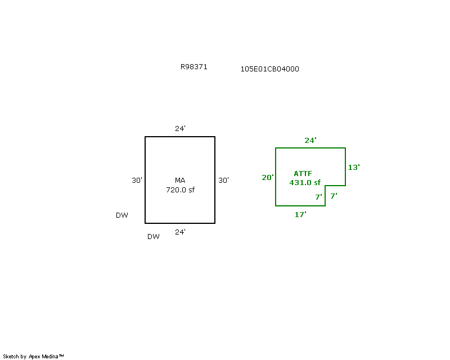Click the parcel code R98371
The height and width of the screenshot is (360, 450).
[x=193, y=67]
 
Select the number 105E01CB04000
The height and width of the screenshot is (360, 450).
[x=270, y=69]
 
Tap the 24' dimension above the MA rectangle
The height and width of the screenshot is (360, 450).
[x=180, y=129]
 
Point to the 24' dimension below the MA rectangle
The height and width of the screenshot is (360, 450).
[x=180, y=232]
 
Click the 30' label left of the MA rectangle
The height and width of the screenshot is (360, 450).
[x=137, y=181]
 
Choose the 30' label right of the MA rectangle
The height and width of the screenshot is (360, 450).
[x=223, y=181]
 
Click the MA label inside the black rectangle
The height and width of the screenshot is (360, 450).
[x=180, y=181]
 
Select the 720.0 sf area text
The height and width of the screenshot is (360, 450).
[x=180, y=190]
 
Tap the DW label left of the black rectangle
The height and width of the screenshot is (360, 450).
[x=122, y=215]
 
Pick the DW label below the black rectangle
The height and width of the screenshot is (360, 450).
[x=154, y=237]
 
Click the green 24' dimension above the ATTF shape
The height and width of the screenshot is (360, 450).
[x=310, y=141]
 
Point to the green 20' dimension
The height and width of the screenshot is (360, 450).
[x=268, y=177]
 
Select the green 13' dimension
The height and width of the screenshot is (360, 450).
[x=354, y=168]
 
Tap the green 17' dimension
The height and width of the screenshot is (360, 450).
[x=300, y=215]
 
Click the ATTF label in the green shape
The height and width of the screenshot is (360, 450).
[x=303, y=174]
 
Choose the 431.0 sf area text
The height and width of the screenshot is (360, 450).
[x=305, y=183]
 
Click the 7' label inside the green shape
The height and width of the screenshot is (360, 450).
[x=318, y=197]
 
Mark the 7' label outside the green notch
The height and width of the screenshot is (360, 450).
[x=334, y=196]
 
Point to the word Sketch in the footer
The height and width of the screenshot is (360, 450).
[x=11, y=357]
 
